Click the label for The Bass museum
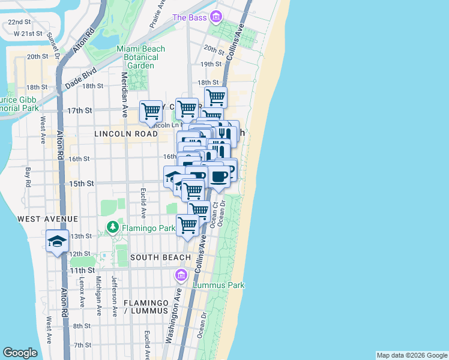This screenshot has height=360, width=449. pyautogui.click(x=189, y=17)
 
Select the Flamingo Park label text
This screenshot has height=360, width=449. pyautogui.click(x=149, y=228)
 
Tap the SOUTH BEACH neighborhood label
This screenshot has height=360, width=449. pyautogui.click(x=160, y=257)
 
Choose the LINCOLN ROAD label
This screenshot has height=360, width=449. pyautogui.click(x=125, y=134)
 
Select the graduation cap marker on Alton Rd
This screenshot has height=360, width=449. pyautogui.click(x=58, y=241)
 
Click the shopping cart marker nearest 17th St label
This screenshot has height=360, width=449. pyautogui.click(x=151, y=111)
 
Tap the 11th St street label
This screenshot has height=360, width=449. pyautogui.click(x=79, y=271)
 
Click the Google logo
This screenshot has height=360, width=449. pyautogui.click(x=20, y=353)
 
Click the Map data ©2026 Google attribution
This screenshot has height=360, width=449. pyautogui.click(x=412, y=355)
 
